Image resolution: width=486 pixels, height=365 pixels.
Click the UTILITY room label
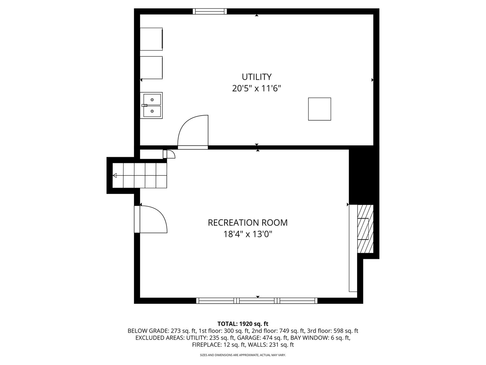point(256,77)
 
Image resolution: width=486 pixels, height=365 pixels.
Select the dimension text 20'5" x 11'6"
point(256,89)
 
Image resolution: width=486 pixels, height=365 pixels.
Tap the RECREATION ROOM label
point(247,223)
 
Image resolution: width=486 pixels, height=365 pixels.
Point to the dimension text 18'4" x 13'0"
point(247,234)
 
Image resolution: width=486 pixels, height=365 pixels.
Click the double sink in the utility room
point(151,105)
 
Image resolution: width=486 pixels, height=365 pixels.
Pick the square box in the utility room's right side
point(320,109)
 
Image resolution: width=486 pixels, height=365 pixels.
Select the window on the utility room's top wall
point(210,11)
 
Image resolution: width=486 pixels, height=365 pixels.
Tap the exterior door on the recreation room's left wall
point(151,219)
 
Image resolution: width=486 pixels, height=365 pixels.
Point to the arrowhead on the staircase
point(115,175)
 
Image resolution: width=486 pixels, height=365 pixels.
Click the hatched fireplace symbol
point(365,229)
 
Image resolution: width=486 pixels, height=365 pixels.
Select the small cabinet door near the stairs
point(169,154)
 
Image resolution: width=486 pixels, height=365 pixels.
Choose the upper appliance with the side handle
point(152,39)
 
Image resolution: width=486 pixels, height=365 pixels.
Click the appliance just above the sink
point(152,68)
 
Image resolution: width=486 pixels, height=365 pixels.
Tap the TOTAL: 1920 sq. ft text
point(243,324)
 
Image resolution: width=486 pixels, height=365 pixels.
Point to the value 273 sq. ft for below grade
point(183,331)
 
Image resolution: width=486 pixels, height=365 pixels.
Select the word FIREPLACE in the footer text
point(206,345)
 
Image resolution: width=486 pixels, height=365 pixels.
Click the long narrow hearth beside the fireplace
point(353,248)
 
